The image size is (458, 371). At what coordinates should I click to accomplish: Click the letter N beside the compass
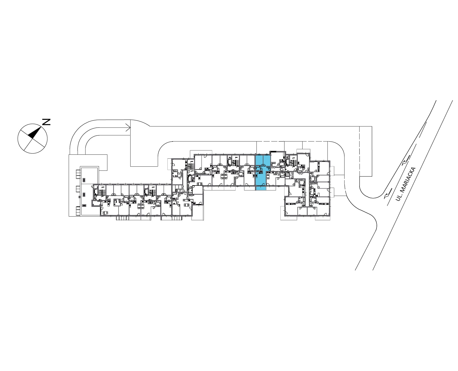tap(46, 122)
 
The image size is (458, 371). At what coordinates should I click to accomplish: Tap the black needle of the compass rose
tap(35, 133)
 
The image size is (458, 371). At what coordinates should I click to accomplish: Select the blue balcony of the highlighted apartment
tap(261, 188)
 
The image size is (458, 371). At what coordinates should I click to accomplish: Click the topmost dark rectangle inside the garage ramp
tap(84, 180)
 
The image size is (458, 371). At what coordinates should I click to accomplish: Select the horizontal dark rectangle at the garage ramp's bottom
tap(84, 205)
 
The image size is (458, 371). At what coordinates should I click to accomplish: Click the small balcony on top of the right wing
tap(306, 151)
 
